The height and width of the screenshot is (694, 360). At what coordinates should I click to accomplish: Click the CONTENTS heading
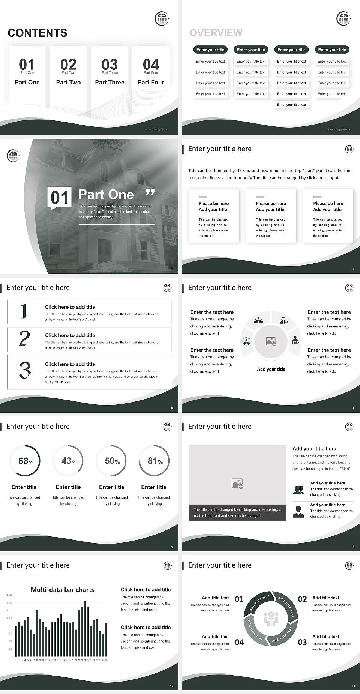click(37, 33)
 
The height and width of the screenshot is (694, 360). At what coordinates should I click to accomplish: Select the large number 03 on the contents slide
click(109, 64)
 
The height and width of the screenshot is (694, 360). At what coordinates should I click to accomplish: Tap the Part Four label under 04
click(151, 82)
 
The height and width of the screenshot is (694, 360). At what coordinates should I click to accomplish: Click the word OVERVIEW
click(216, 33)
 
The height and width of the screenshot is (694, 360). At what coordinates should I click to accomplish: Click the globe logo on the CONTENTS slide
click(162, 18)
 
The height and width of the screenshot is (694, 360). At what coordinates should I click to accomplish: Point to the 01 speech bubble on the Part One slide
click(60, 198)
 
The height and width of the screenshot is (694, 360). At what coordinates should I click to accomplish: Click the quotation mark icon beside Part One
click(150, 193)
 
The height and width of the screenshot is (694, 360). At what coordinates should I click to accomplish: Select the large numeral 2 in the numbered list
click(24, 339)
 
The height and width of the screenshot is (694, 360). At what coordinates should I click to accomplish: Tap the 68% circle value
click(25, 461)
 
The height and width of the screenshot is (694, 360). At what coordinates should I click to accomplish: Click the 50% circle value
click(112, 461)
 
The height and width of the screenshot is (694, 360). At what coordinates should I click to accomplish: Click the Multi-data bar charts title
click(63, 590)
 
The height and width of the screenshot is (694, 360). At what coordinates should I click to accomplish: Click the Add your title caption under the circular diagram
click(271, 369)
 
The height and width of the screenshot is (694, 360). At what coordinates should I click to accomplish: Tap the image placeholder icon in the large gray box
click(237, 484)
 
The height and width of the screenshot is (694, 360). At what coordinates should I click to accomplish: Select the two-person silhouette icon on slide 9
click(298, 490)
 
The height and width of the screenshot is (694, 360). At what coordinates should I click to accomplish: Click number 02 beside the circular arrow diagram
click(302, 599)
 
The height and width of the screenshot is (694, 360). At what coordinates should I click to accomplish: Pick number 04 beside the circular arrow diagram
click(239, 642)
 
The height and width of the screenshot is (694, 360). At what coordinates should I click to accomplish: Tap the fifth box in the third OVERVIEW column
click(291, 105)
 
